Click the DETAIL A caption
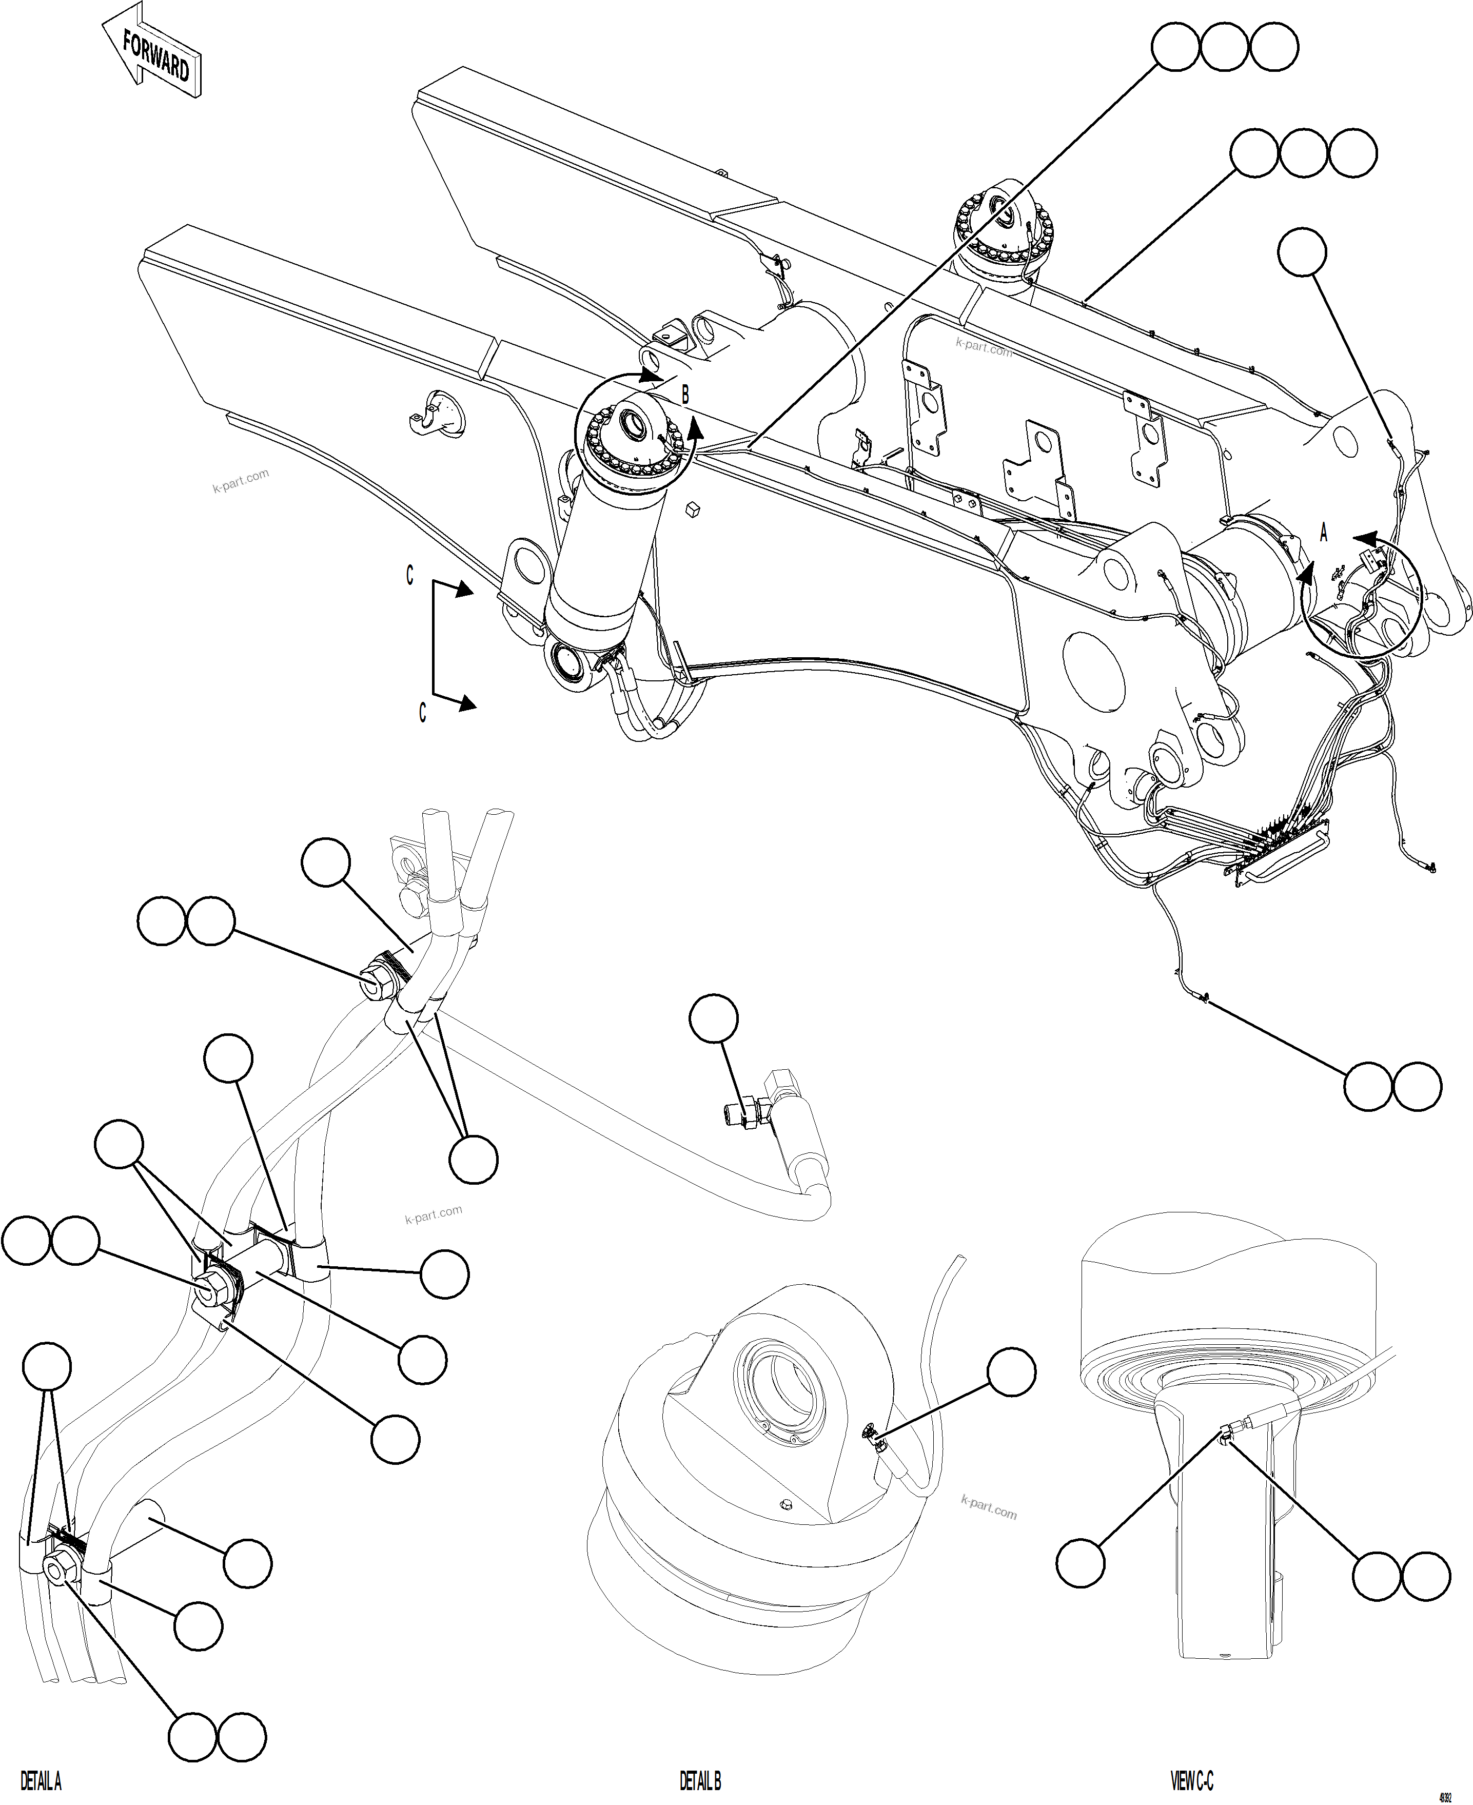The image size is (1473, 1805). tap(40, 1780)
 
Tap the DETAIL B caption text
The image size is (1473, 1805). tap(700, 1780)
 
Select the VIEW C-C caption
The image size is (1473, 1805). tap(1192, 1780)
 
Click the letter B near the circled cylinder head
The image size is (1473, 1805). tap(685, 395)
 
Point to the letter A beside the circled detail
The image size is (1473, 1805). tap(1323, 532)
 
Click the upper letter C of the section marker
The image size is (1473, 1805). tap(410, 575)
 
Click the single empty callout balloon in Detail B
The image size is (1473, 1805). tap(1011, 1371)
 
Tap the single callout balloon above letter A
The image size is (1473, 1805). tap(1302, 252)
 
